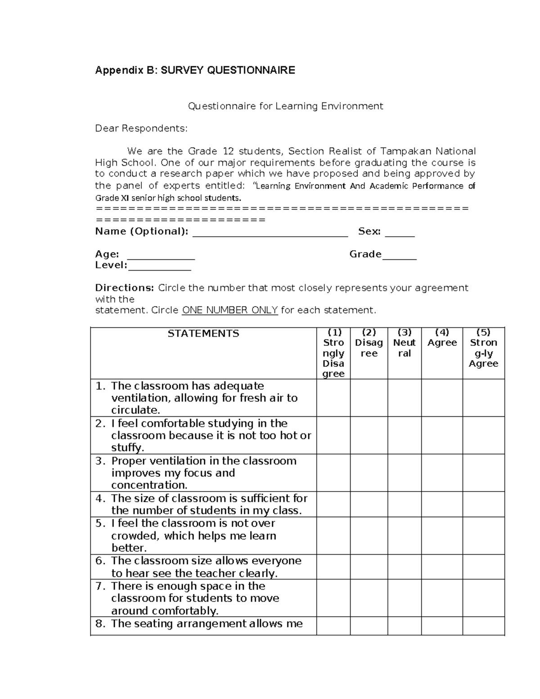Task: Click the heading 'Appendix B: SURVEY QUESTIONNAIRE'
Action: [x=195, y=70]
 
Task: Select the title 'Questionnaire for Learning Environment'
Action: [x=285, y=106]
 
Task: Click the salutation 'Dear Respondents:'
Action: [x=141, y=129]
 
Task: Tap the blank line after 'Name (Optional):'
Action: [x=270, y=233]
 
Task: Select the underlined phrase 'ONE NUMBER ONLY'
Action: [x=229, y=310]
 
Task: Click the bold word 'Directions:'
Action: [x=125, y=288]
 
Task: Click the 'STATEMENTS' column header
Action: [x=203, y=334]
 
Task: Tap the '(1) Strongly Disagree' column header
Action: [x=333, y=353]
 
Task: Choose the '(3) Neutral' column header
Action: [x=404, y=343]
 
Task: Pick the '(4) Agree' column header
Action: [x=442, y=338]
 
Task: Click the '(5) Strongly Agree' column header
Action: [x=483, y=348]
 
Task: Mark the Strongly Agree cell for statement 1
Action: [x=483, y=397]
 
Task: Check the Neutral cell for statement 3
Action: [x=404, y=473]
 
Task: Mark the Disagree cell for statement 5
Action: [x=369, y=535]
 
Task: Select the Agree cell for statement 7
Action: [x=442, y=598]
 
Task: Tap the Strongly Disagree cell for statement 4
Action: [x=333, y=504]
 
